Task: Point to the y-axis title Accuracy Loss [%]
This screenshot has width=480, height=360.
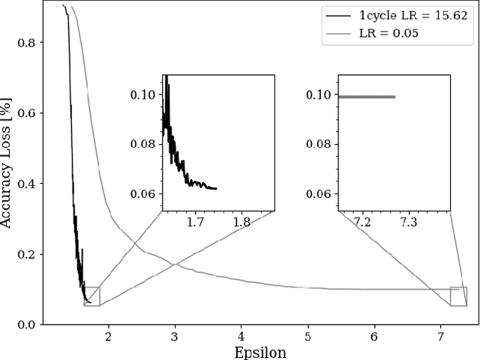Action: (7, 164)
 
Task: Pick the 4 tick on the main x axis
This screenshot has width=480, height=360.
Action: (241, 337)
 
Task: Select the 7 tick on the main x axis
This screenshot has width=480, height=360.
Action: (440, 337)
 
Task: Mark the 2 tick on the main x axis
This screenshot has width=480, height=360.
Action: (109, 337)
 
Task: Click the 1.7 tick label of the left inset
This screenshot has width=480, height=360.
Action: (195, 223)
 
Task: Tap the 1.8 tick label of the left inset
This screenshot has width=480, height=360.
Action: (241, 223)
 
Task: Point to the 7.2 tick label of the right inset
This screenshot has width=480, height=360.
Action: (362, 223)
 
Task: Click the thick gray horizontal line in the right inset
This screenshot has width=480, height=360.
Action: (367, 97)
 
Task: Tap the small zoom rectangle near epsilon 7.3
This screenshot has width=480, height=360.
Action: (458, 296)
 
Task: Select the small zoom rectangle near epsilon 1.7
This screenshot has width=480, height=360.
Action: (91, 296)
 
